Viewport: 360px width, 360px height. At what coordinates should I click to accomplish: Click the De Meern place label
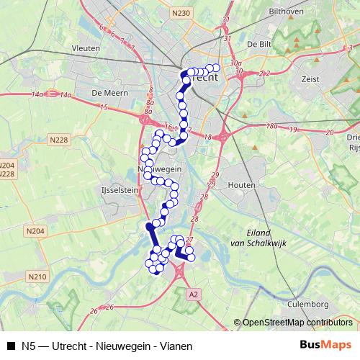click(110, 93)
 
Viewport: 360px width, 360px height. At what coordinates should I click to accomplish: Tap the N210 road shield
click(37, 276)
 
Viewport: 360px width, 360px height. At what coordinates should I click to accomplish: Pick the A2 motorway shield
click(192, 294)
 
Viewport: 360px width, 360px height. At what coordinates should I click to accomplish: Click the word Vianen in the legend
click(177, 346)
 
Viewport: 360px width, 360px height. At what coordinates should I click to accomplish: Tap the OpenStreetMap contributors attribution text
click(297, 323)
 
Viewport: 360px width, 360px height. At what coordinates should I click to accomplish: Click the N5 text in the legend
click(29, 346)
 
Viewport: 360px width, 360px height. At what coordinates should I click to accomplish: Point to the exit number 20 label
click(330, 132)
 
